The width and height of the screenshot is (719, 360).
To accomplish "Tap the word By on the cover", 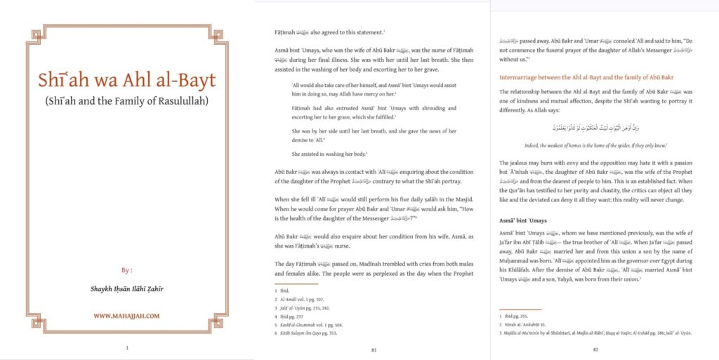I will [126, 269].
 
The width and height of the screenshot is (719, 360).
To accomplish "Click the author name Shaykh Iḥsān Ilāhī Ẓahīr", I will [126, 288].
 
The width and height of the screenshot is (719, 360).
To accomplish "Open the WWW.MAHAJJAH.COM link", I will [126, 316].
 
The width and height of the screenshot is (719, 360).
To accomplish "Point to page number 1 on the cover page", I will [126, 347].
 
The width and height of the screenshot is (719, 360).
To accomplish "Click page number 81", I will [374, 348].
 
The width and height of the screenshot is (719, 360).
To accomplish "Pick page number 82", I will [595, 348].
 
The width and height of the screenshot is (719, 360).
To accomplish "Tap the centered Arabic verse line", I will [595, 128].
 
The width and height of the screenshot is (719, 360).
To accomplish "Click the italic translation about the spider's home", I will [595, 145].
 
